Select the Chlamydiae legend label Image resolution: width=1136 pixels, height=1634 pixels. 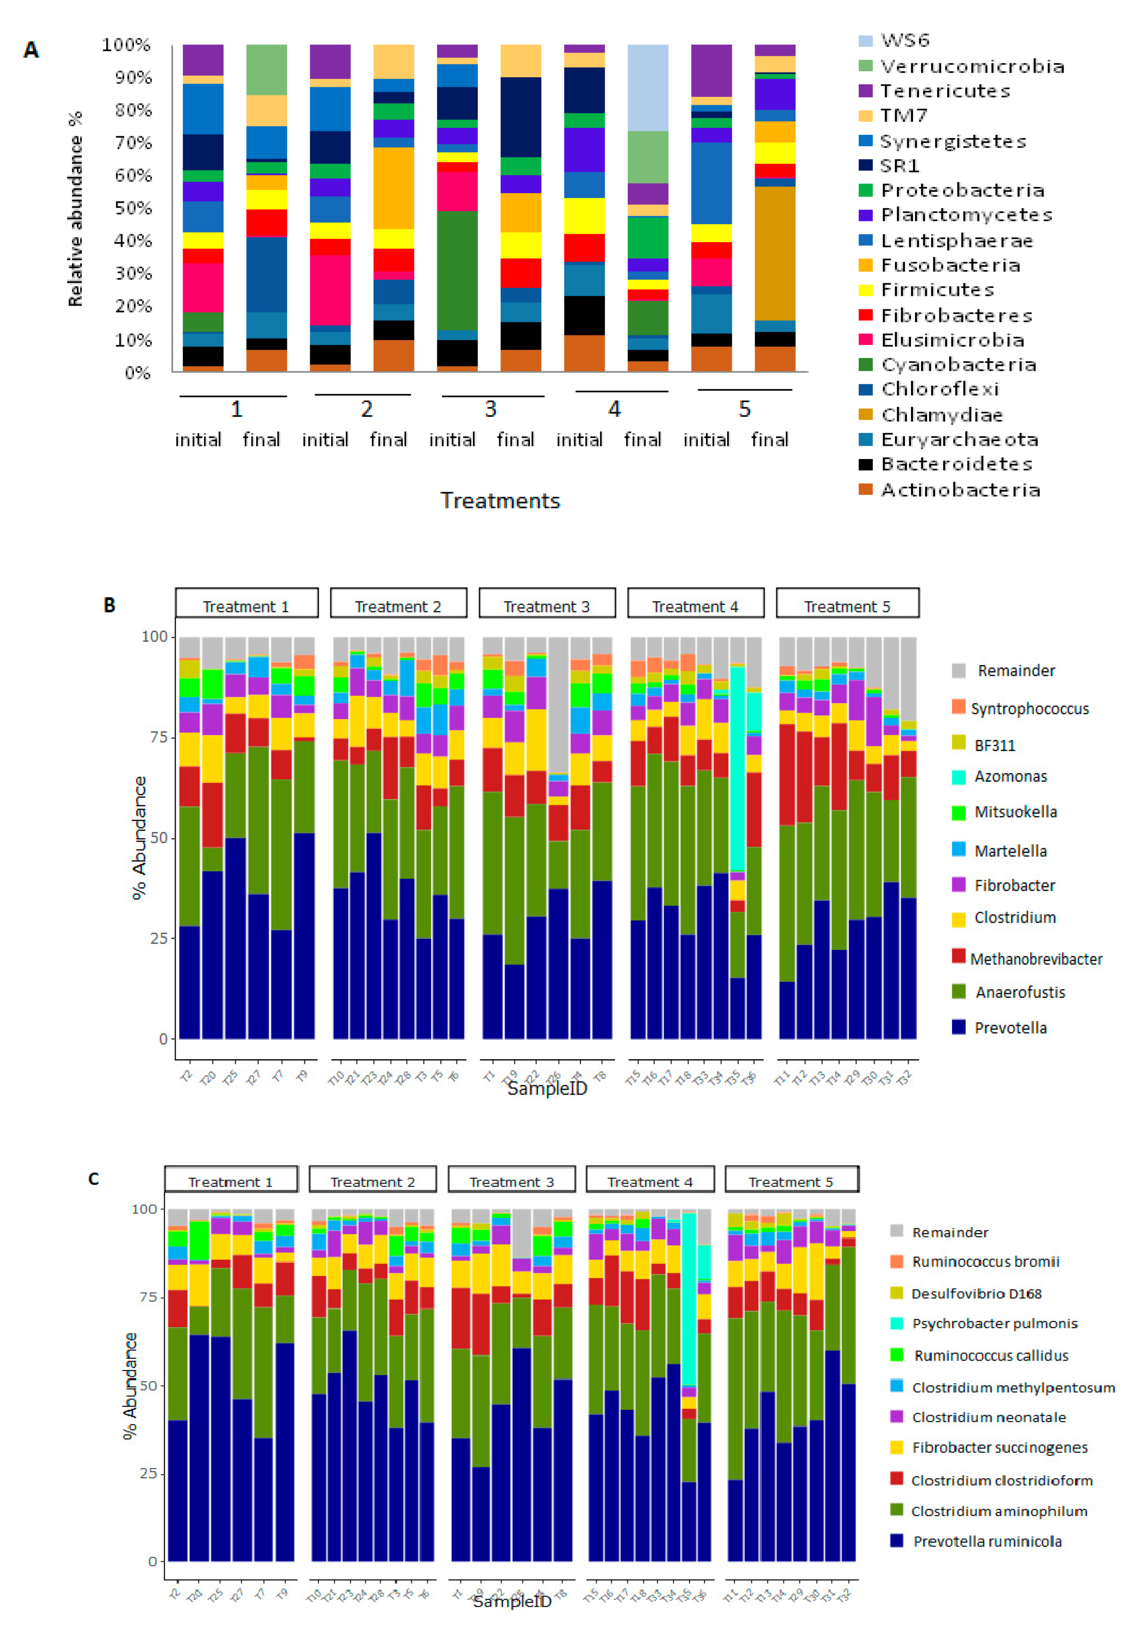[x=941, y=415]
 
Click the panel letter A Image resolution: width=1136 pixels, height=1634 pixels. [x=31, y=50]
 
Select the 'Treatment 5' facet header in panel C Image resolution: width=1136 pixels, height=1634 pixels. [x=790, y=1182]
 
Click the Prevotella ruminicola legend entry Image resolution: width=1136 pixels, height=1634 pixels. [x=987, y=1542]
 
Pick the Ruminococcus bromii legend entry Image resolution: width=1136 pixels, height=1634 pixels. [x=985, y=1262]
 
